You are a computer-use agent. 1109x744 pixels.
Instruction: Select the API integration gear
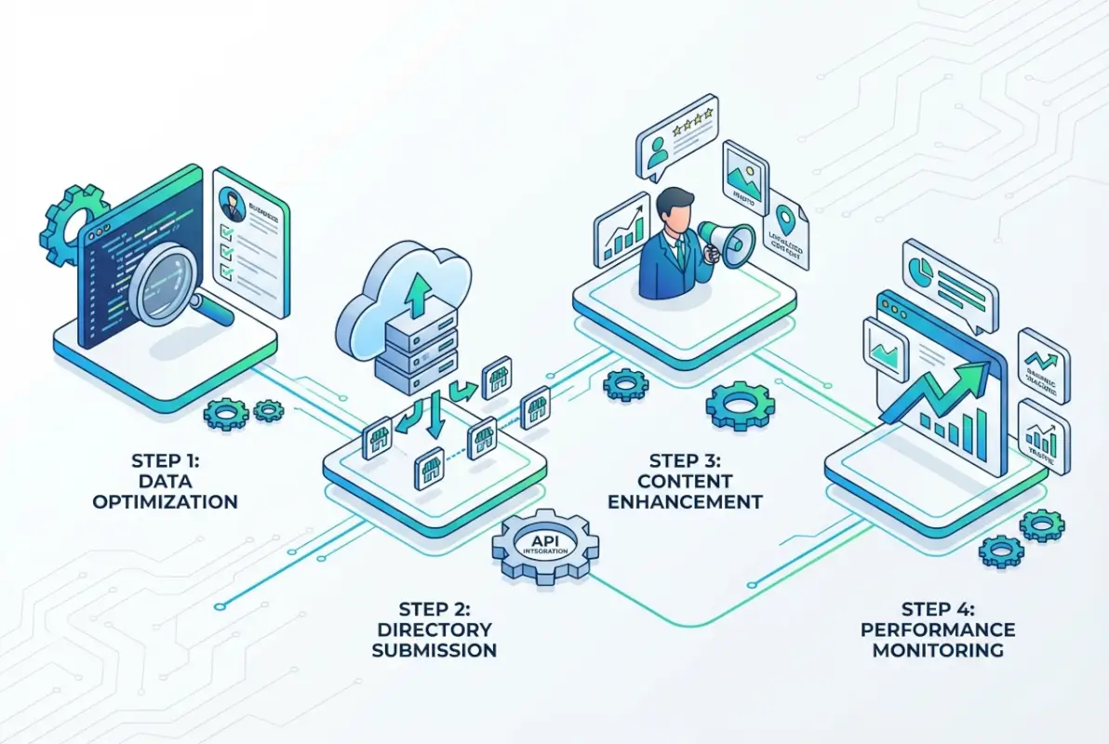point(545,547)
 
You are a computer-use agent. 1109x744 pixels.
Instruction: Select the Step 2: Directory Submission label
point(434,630)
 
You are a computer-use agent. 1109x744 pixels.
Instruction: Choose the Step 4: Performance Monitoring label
point(937,630)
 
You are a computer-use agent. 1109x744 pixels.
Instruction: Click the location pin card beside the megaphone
point(789,237)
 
